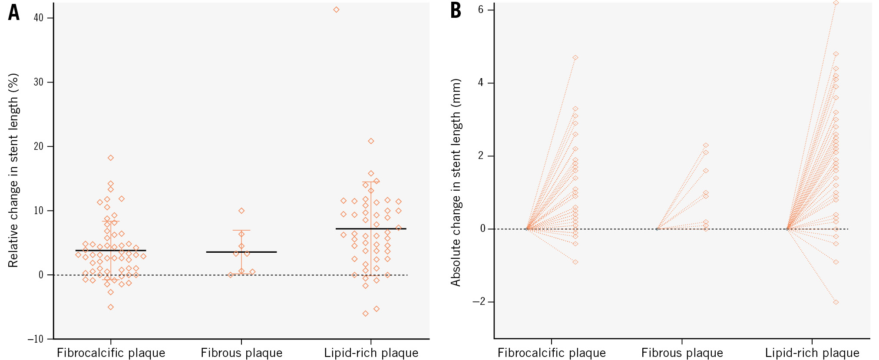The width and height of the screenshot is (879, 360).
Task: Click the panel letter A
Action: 14,12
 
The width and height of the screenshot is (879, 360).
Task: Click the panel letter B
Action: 456,10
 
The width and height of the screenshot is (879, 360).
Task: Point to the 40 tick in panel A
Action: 39,18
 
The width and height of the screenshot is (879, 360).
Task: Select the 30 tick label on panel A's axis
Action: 39,82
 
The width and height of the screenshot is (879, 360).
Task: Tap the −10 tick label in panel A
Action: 36,339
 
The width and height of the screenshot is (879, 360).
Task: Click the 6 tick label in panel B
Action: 481,10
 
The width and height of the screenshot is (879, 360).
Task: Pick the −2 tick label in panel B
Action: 478,302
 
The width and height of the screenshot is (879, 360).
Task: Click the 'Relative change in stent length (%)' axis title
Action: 13,170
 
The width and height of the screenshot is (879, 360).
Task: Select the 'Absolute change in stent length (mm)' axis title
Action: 456,182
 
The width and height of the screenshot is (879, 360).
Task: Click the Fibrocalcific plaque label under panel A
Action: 111,353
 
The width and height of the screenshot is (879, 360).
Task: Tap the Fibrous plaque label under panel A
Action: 241,353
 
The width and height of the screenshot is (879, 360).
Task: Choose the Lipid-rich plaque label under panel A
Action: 371,353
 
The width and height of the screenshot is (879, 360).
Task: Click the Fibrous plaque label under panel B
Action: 682,353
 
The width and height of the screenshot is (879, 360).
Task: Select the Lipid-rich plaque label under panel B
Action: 812,353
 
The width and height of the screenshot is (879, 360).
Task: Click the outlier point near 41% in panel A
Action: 336,10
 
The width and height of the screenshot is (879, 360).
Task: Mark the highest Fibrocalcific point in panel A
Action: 111,158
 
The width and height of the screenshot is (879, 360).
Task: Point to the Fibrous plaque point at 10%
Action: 241,211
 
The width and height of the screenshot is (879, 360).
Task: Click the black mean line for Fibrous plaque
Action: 241,252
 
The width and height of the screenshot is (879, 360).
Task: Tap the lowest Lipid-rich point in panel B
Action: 836,302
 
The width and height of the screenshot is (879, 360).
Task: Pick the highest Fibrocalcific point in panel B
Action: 575,58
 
